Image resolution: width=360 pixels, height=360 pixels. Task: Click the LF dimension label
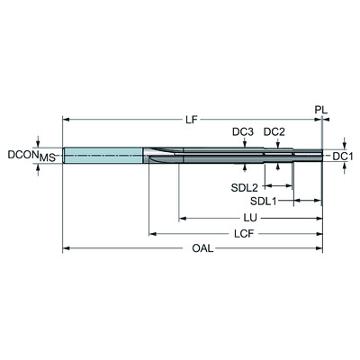(192, 118)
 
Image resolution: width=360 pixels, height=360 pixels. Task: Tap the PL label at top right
(321, 110)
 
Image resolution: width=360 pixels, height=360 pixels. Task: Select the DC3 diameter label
(242, 132)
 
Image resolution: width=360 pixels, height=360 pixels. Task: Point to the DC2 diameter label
(274, 132)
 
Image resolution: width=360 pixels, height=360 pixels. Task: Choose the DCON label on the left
(20, 155)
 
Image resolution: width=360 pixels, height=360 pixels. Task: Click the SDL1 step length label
(264, 201)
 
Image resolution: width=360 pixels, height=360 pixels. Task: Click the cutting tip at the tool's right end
(319, 157)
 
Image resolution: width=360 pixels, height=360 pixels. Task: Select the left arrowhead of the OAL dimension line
(66, 248)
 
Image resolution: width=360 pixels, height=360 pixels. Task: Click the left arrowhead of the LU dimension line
(183, 218)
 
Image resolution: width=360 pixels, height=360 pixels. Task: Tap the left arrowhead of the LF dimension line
(66, 118)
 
